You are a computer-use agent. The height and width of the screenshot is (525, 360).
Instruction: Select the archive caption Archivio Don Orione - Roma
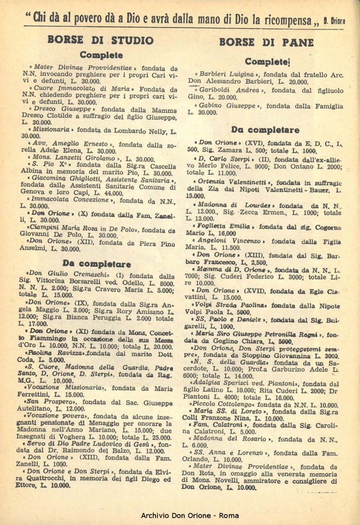pyautogui.click(x=180, y=515)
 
